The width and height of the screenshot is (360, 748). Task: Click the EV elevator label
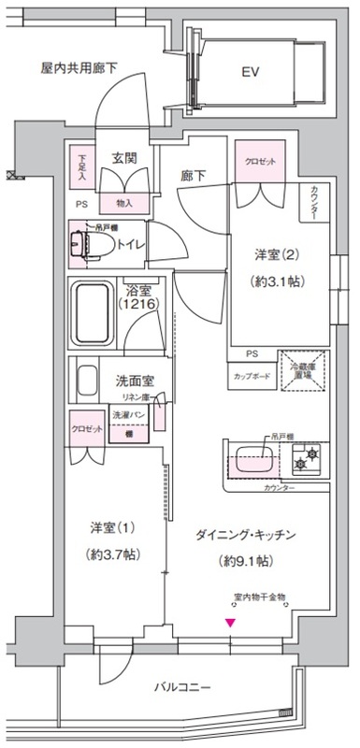click(x=250, y=71)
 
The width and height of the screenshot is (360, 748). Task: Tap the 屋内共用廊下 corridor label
click(x=79, y=68)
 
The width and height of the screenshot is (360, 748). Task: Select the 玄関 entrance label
click(x=125, y=159)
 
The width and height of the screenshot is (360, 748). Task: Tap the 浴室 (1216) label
click(x=137, y=297)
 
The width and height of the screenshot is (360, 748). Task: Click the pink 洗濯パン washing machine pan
click(x=128, y=425)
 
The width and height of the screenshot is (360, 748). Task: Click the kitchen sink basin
click(x=254, y=460)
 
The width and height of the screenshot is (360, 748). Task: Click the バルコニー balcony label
click(x=181, y=688)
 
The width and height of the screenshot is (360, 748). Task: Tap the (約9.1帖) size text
click(x=247, y=561)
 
